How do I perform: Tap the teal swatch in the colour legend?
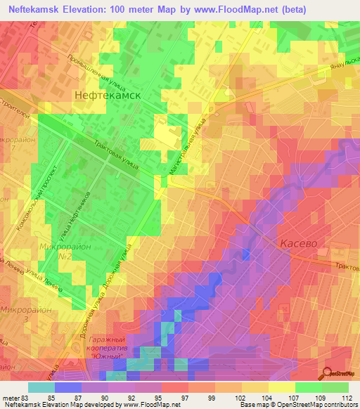click(41, 387)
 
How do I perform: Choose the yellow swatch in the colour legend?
click(282, 387)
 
